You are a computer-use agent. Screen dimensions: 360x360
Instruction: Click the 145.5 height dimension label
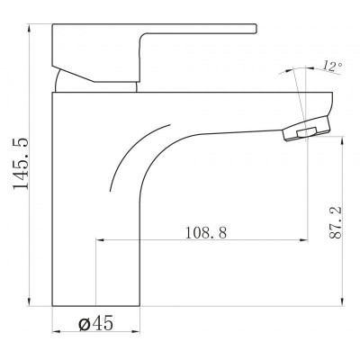pos(21,164)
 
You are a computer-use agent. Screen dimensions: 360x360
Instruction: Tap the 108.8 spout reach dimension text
pos(205,232)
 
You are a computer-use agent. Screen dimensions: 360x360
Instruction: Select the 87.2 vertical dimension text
pos(335,222)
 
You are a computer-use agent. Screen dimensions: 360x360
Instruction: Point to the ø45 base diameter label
pos(96,323)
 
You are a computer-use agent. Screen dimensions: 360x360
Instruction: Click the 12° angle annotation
pos(332,67)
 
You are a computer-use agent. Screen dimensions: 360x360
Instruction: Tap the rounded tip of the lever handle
pos(256,28)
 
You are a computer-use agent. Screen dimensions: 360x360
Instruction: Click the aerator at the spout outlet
pos(306,129)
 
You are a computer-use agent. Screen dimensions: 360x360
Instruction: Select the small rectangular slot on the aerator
pos(307,132)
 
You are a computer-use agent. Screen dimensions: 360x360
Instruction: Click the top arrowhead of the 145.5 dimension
pos(29,28)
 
